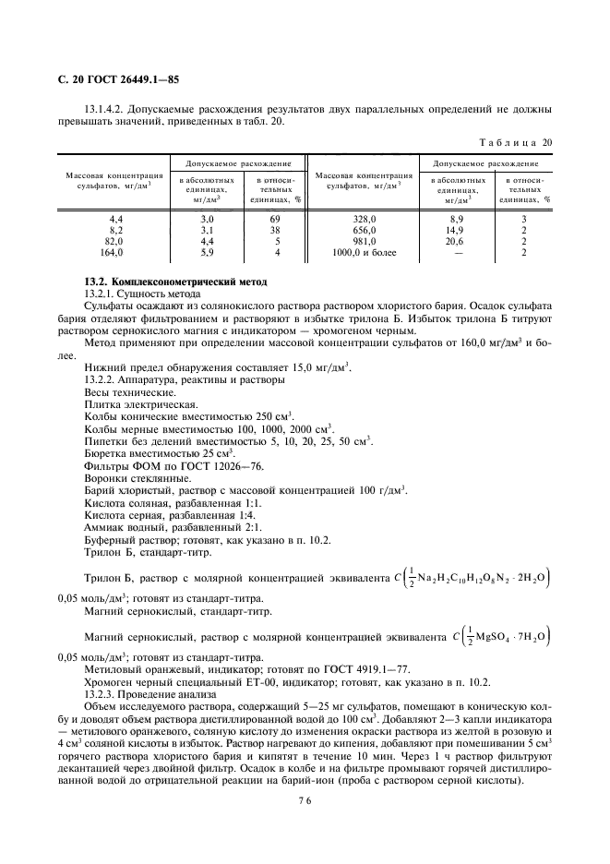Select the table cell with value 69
point(275,219)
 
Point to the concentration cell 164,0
point(111,251)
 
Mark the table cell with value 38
point(275,230)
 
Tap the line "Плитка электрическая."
point(139,404)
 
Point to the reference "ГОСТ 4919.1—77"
point(365,669)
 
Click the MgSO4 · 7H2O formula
point(508,637)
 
